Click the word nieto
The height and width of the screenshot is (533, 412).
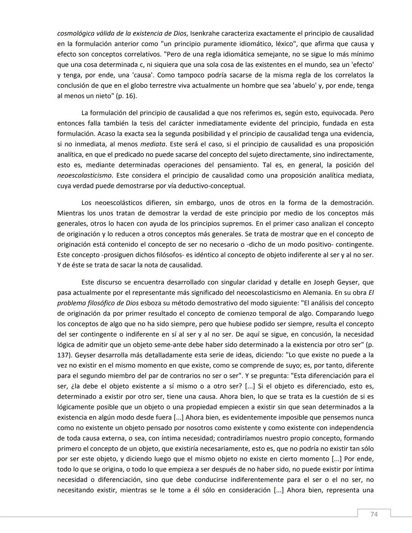click(99, 96)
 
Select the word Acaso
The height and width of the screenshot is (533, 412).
click(106, 134)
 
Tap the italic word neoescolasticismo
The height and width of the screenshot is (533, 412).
click(84, 176)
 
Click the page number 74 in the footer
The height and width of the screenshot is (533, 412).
click(374, 514)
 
